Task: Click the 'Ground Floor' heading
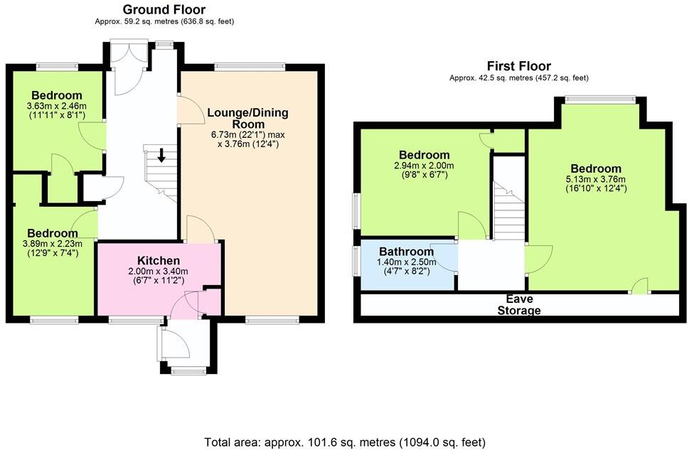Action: tap(164, 9)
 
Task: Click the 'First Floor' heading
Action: tap(518, 66)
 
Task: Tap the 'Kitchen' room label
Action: tap(159, 261)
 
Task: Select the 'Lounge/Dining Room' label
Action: tap(248, 118)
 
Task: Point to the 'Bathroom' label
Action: tap(406, 252)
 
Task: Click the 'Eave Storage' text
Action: tap(518, 305)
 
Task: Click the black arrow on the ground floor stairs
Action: tap(162, 155)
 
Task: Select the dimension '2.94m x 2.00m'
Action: tap(424, 165)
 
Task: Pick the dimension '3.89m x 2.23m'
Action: tap(53, 243)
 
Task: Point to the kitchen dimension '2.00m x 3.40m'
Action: tap(159, 271)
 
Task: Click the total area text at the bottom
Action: tap(344, 441)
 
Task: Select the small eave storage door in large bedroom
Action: tap(641, 286)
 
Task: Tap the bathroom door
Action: tap(445, 257)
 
